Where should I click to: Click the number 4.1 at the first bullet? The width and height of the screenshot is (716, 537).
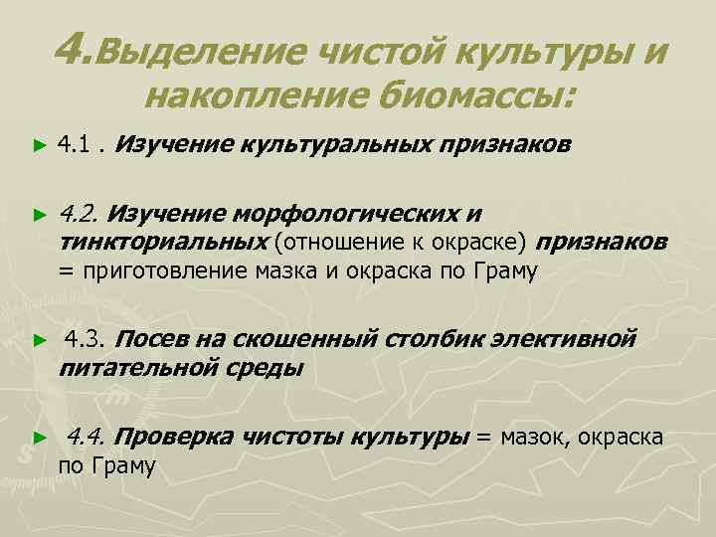[x=75, y=145]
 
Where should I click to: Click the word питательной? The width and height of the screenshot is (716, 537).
[x=137, y=369]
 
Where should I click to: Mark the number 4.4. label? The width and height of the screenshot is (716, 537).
[x=89, y=436]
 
